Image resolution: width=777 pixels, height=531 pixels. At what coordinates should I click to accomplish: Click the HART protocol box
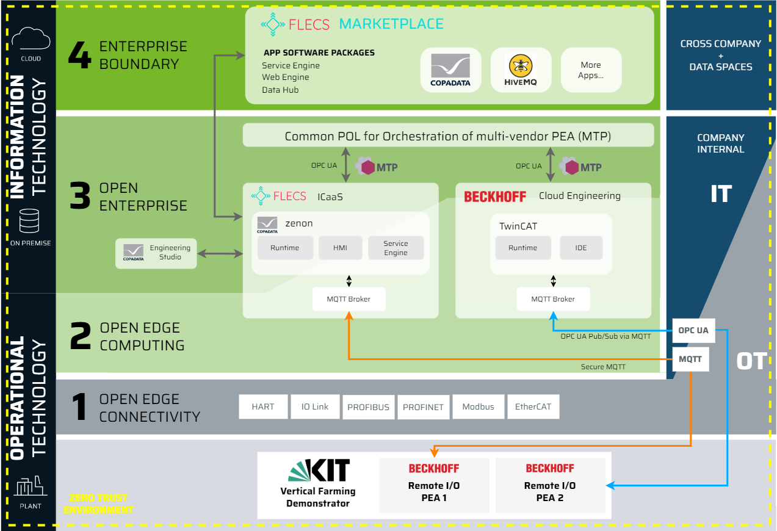click(x=263, y=406)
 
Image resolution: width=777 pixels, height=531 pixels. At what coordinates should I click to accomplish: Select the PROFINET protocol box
click(x=423, y=407)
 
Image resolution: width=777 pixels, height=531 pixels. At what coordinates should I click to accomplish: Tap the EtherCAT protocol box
click(x=533, y=406)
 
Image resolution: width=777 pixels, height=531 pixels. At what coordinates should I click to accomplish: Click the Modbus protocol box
click(x=478, y=406)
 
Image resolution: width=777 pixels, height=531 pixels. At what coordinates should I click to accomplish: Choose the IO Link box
click(x=315, y=406)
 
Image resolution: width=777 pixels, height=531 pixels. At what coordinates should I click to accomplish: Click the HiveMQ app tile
click(x=521, y=70)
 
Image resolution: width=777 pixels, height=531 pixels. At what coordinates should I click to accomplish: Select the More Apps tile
click(x=591, y=70)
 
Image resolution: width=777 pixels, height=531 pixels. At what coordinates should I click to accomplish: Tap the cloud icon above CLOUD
click(x=31, y=39)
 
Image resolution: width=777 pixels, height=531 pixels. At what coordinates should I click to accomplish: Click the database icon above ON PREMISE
click(x=30, y=220)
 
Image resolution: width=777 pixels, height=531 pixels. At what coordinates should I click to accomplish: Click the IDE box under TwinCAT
click(x=581, y=248)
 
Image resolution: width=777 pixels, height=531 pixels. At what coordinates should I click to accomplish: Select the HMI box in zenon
click(x=340, y=248)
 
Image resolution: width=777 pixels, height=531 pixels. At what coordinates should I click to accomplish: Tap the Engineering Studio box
click(x=156, y=253)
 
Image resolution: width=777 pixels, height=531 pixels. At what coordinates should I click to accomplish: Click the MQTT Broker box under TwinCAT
click(x=553, y=299)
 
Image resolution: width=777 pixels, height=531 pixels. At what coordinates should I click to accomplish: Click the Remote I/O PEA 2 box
click(x=550, y=485)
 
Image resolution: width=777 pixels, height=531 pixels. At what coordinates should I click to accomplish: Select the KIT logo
click(x=319, y=471)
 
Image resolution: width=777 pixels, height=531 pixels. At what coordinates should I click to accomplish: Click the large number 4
click(x=79, y=56)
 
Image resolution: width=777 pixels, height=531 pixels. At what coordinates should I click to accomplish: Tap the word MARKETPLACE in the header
click(x=391, y=24)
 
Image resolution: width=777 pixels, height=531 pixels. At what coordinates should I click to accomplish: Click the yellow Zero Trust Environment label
click(x=98, y=504)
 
